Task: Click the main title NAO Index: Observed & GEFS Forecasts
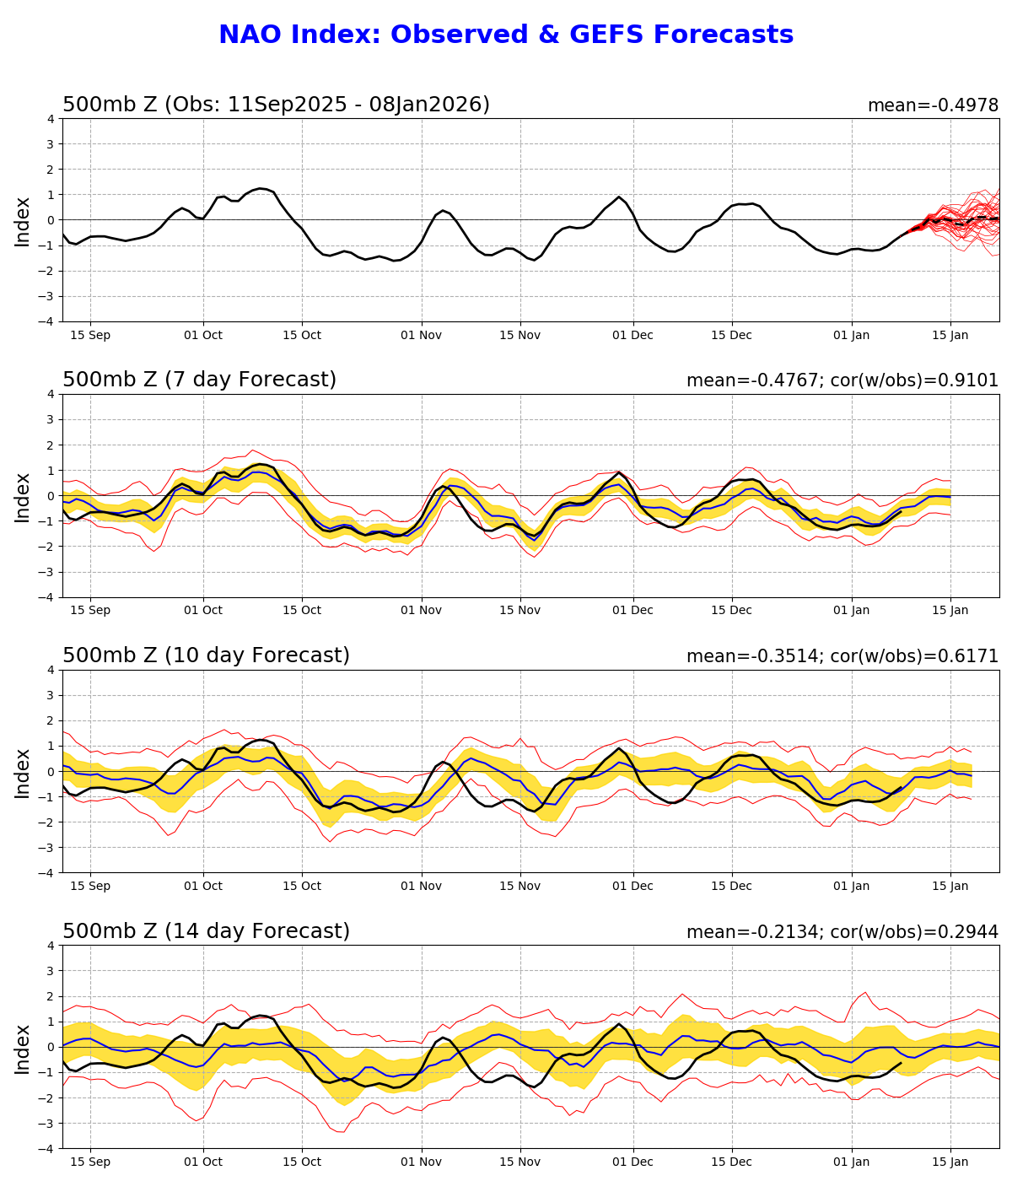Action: coord(506,35)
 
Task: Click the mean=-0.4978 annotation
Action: coord(933,105)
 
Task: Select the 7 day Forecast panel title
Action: coord(199,380)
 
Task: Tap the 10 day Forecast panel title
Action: coord(206,655)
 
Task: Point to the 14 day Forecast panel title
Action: coord(206,931)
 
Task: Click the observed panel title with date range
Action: coord(276,105)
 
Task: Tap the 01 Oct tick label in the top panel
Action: coord(202,335)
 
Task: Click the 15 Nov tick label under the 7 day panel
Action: coord(519,610)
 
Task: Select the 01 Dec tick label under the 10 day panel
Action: coord(632,886)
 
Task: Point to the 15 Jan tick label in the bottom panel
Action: coord(950,1162)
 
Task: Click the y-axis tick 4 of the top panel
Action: coord(51,119)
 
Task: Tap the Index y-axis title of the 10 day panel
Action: coord(23,772)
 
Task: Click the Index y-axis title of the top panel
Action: coord(23,220)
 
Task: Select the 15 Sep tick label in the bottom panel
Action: coord(89,1162)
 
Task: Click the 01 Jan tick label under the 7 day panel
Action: coord(851,610)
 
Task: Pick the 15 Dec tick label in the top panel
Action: coord(731,335)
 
